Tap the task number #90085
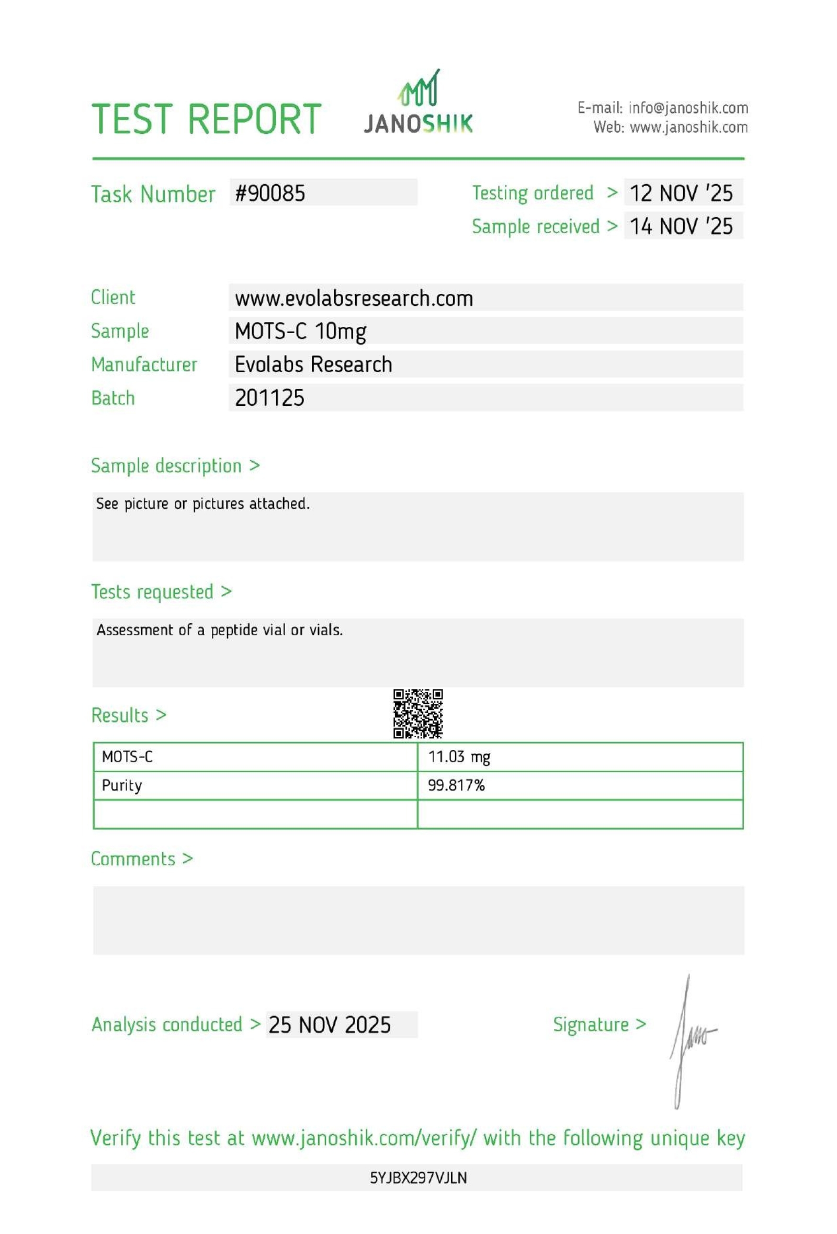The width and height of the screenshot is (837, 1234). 270,193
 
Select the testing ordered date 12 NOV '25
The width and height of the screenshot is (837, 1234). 681,193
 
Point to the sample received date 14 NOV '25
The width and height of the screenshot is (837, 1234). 681,226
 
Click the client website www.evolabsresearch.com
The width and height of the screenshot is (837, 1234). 354,299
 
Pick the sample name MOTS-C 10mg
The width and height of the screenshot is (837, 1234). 301,332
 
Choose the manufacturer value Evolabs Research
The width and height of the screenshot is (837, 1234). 313,365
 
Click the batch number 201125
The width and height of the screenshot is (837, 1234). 270,398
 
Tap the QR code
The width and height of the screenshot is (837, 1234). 418,714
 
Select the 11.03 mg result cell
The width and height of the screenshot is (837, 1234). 459,757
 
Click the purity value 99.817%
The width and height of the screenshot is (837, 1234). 456,785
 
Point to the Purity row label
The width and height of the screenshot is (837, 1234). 121,785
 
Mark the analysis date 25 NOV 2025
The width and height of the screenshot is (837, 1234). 329,1024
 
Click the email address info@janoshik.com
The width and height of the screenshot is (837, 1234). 688,108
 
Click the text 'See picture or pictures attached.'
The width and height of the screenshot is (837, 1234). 202,504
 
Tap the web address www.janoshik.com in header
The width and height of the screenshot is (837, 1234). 688,128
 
